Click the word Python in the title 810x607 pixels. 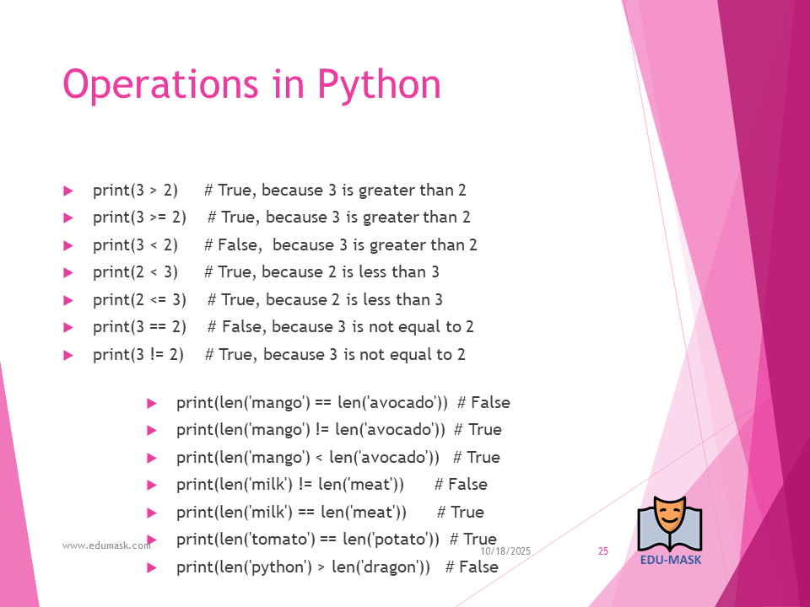point(379,84)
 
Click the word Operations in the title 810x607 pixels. point(160,84)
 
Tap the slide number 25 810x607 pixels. point(602,551)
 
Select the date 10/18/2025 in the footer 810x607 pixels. point(505,551)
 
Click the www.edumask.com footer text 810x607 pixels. point(106,545)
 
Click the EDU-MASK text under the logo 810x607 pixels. point(671,560)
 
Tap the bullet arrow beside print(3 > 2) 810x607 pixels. point(68,191)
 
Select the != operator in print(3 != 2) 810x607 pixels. point(158,355)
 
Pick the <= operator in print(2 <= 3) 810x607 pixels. point(158,300)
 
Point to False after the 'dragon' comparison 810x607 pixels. point(478,567)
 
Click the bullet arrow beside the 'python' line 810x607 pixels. point(152,567)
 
